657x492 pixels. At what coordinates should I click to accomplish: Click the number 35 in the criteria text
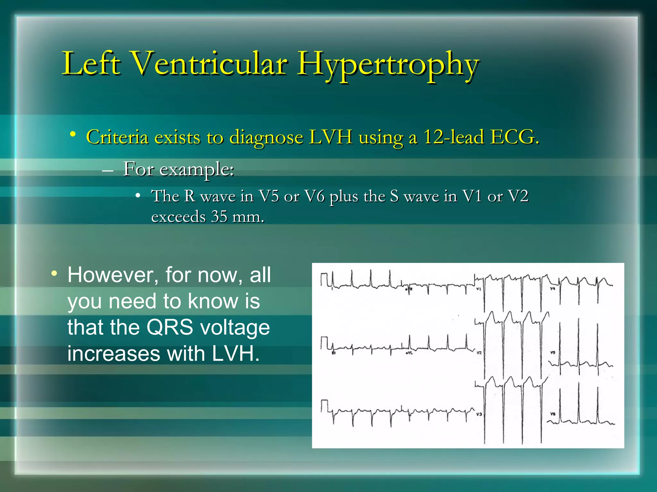click(x=219, y=217)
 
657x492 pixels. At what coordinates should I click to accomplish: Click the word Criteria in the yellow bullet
click(x=117, y=137)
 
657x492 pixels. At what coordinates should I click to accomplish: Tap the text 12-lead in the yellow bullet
click(x=453, y=137)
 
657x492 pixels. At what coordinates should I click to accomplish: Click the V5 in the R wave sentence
click(x=269, y=196)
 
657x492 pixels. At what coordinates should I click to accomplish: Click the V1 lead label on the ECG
click(x=478, y=289)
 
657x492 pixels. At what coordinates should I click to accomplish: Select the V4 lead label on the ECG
click(x=552, y=289)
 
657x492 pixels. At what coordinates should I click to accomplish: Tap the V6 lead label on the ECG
click(x=553, y=414)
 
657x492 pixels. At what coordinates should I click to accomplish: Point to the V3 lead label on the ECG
click(x=479, y=414)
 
